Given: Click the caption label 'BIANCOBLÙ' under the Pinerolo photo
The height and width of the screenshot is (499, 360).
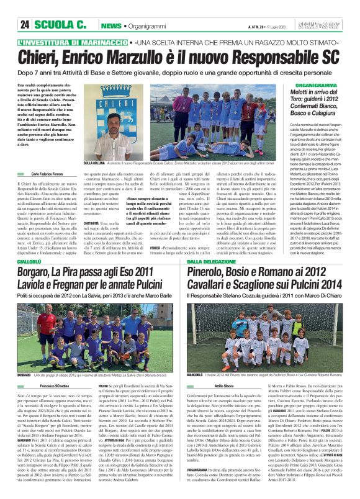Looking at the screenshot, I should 196,375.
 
